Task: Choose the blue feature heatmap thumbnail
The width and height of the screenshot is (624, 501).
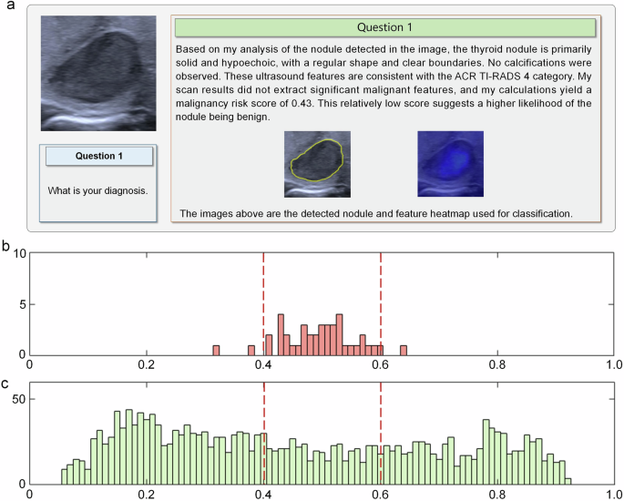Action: (450, 164)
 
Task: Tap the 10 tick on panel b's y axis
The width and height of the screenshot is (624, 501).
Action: (20, 253)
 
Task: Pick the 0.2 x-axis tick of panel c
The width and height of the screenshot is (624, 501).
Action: (146, 495)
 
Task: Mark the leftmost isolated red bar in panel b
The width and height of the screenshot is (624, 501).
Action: (216, 351)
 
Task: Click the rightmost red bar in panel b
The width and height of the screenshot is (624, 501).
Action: (404, 351)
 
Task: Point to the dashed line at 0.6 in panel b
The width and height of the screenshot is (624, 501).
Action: (380, 301)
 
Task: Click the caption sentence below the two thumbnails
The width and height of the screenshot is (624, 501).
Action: (375, 214)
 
